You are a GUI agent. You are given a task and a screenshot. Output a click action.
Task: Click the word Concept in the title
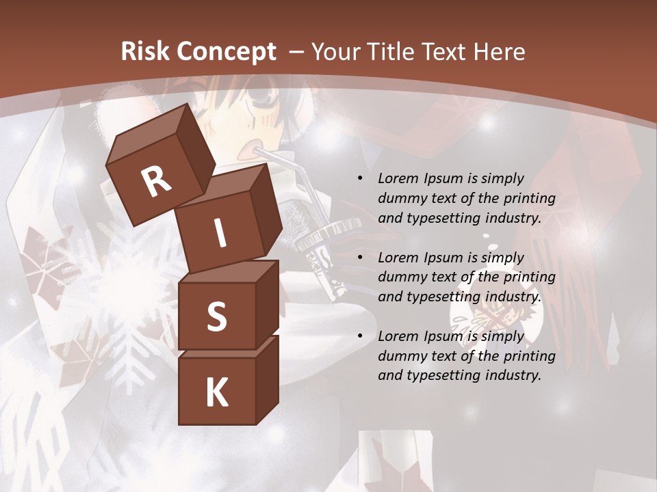(x=227, y=52)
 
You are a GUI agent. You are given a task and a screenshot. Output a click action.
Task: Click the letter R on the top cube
(x=157, y=181)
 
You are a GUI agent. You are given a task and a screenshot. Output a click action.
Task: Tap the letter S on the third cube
(x=216, y=316)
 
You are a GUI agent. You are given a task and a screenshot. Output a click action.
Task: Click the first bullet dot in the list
(x=361, y=178)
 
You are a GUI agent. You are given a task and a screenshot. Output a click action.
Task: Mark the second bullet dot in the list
(x=361, y=258)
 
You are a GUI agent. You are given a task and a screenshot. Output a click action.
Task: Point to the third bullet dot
(x=361, y=336)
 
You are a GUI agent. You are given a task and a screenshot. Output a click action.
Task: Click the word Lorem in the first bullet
(x=398, y=178)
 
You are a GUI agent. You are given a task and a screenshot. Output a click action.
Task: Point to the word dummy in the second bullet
(x=399, y=277)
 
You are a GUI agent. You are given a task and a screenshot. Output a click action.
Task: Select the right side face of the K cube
(x=267, y=379)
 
